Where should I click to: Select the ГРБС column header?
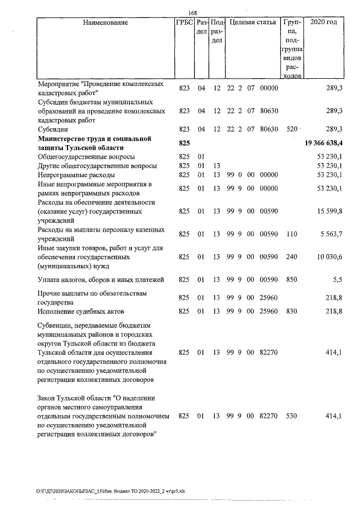click(x=184, y=23)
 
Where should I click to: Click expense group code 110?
click(x=291, y=234)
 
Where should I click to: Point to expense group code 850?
click(x=291, y=279)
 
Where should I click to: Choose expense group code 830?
click(x=291, y=311)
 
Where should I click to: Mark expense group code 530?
click(x=291, y=416)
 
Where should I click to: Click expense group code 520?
click(x=291, y=129)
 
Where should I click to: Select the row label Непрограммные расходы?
click(x=73, y=175)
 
